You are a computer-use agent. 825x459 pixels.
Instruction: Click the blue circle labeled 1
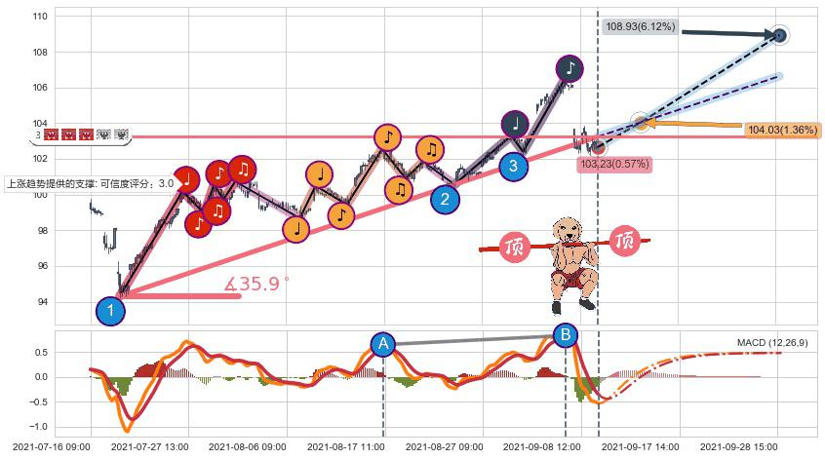[x=110, y=312]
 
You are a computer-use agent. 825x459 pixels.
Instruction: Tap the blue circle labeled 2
[x=446, y=200]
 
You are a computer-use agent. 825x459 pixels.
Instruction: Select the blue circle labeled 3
[x=513, y=167]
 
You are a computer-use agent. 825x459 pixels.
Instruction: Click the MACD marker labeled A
[x=383, y=344]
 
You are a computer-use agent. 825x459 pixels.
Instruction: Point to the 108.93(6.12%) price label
[x=640, y=27]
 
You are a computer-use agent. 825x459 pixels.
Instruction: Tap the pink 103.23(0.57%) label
[x=614, y=164]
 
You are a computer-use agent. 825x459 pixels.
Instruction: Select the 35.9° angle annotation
[x=257, y=285]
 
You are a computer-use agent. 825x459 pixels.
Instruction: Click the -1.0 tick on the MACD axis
[x=38, y=427]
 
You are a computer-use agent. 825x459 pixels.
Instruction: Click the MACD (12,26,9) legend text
[x=771, y=343]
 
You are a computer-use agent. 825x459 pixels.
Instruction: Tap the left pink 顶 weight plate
[x=515, y=248]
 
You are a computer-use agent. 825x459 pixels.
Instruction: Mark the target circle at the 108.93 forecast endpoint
[x=779, y=35]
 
